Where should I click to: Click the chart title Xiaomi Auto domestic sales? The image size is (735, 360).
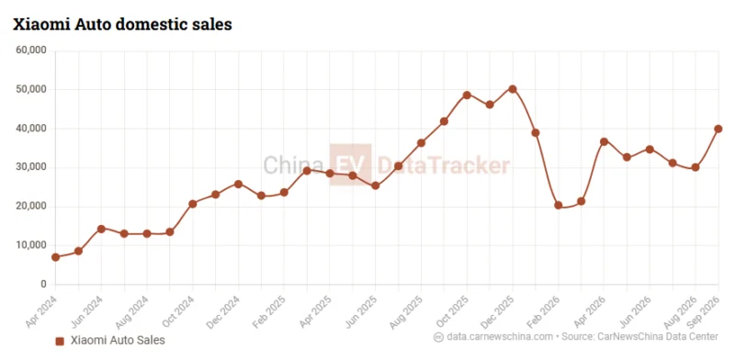pyautogui.click(x=122, y=25)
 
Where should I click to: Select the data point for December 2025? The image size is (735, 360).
pyautogui.click(x=513, y=89)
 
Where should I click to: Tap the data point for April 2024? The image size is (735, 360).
pyautogui.click(x=55, y=257)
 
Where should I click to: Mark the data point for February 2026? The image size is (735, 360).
pyautogui.click(x=559, y=206)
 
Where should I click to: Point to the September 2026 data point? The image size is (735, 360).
pyautogui.click(x=718, y=129)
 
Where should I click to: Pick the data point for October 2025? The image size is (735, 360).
pyautogui.click(x=467, y=96)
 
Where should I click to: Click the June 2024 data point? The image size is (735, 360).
pyautogui.click(x=101, y=229)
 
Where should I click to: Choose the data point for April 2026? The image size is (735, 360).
pyautogui.click(x=604, y=141)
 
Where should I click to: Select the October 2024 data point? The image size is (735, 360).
pyautogui.click(x=193, y=204)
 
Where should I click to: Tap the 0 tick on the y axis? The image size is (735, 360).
pyautogui.click(x=43, y=285)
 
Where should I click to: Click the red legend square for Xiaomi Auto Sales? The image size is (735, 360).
pyautogui.click(x=60, y=342)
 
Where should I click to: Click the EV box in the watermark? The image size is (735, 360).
pyautogui.click(x=350, y=164)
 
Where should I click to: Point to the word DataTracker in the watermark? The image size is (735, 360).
pyautogui.click(x=444, y=165)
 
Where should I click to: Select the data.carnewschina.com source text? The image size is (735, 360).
pyautogui.click(x=500, y=336)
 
